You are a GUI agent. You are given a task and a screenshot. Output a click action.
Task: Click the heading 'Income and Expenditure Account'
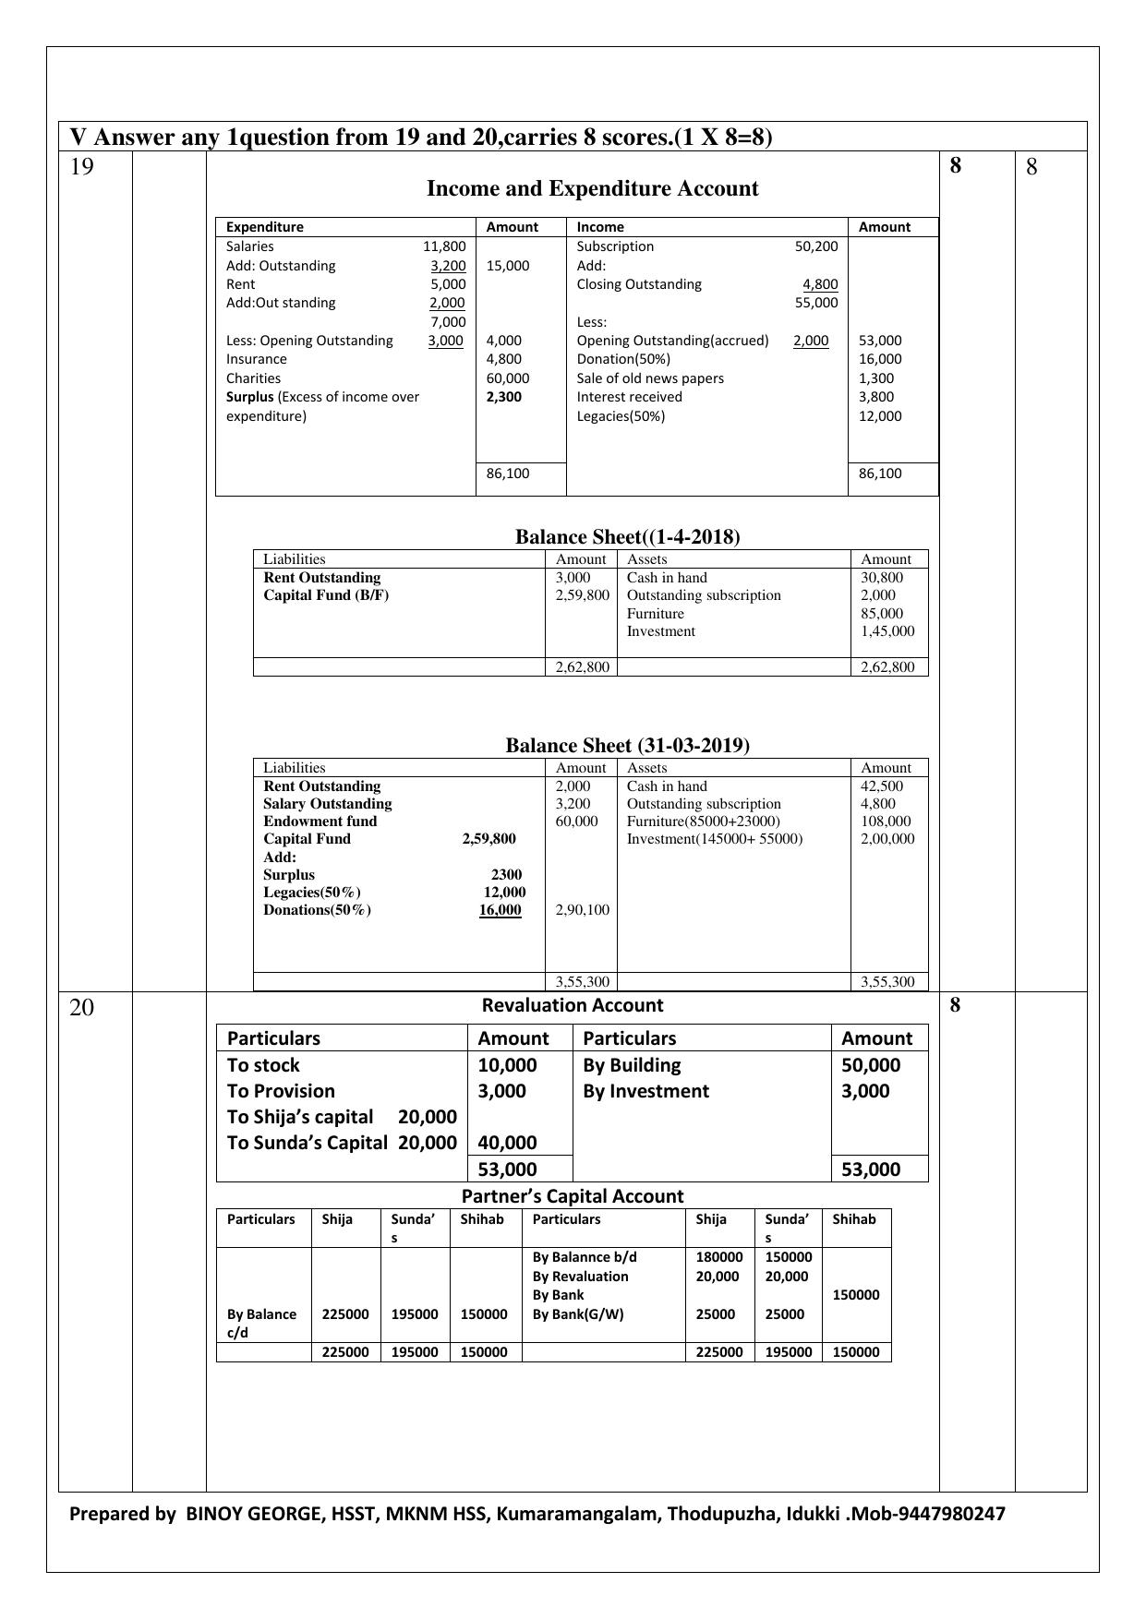pyautogui.click(x=592, y=189)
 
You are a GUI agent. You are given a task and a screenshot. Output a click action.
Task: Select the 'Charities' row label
pyautogui.click(x=253, y=378)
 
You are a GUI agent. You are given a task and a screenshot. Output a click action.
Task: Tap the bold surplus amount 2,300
pyautogui.click(x=504, y=397)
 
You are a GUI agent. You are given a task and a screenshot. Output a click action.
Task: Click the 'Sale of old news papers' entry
pyautogui.click(x=650, y=378)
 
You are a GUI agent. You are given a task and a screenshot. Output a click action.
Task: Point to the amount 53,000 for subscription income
pyautogui.click(x=880, y=341)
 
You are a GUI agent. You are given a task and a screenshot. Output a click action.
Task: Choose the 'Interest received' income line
pyautogui.click(x=629, y=397)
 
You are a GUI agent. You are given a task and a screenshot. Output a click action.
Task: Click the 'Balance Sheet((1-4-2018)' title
pyautogui.click(x=627, y=537)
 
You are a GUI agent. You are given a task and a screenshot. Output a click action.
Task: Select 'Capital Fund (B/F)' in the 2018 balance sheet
pyautogui.click(x=326, y=595)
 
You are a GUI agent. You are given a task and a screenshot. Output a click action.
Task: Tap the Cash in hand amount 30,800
pyautogui.click(x=882, y=578)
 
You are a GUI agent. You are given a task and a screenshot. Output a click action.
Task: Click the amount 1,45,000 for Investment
pyautogui.click(x=887, y=631)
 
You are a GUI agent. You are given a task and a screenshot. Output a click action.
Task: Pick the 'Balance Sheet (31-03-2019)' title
pyautogui.click(x=627, y=746)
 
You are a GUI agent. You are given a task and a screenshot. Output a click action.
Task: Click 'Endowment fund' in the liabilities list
pyautogui.click(x=320, y=821)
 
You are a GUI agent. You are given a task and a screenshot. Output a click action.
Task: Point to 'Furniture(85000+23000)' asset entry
pyautogui.click(x=703, y=821)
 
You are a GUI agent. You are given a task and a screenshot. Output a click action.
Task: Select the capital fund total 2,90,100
pyautogui.click(x=582, y=910)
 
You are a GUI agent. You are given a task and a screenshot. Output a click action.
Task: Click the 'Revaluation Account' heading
pyautogui.click(x=573, y=1005)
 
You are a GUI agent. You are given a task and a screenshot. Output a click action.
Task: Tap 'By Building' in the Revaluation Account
pyautogui.click(x=632, y=1065)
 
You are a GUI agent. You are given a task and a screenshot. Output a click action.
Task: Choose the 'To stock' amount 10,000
pyautogui.click(x=507, y=1065)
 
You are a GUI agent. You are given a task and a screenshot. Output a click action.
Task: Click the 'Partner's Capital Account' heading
pyautogui.click(x=573, y=1196)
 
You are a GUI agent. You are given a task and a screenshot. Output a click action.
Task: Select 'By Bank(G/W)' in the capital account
pyautogui.click(x=578, y=1314)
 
